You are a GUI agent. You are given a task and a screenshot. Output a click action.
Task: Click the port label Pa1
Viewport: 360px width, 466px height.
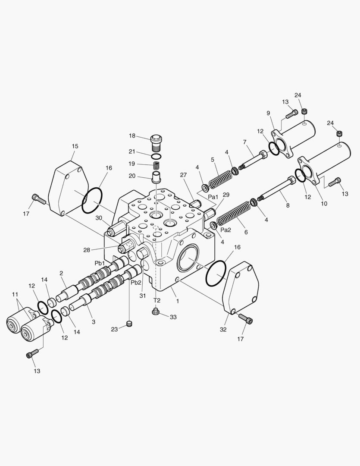click(x=213, y=197)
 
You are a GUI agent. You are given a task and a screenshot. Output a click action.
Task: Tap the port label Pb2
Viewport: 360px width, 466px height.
click(x=136, y=282)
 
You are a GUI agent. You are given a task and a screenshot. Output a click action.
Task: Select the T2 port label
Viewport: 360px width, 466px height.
click(x=157, y=300)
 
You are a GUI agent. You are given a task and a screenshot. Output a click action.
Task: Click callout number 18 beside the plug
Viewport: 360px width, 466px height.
click(x=132, y=136)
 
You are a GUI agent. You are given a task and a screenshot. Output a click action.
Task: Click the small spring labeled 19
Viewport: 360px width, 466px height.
click(x=157, y=164)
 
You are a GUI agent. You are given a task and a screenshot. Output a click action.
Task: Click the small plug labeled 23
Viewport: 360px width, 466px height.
click(x=129, y=324)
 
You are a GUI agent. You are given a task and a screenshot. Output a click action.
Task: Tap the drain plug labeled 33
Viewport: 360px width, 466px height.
click(x=154, y=311)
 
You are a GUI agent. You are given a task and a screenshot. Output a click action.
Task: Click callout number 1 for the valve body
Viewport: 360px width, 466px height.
click(x=178, y=301)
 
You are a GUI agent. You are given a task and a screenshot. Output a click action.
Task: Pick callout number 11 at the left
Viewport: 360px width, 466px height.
click(x=15, y=294)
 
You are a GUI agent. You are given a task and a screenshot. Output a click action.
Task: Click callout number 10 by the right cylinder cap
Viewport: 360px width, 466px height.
click(x=324, y=203)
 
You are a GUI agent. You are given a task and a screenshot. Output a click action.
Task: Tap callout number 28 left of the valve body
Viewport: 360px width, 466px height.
click(x=86, y=250)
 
